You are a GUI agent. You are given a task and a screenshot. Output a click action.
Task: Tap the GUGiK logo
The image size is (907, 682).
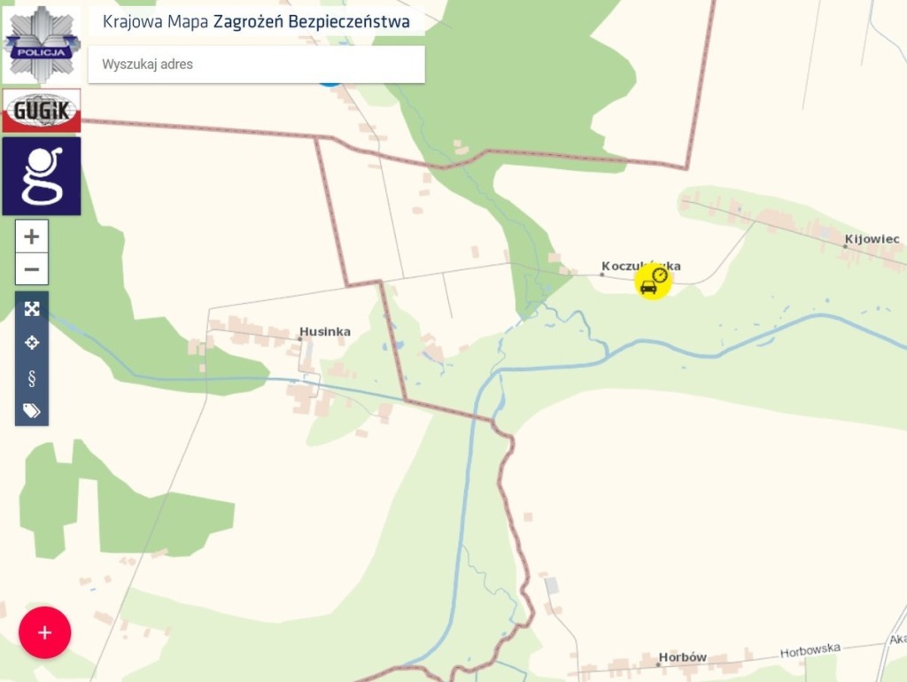tap(42, 110)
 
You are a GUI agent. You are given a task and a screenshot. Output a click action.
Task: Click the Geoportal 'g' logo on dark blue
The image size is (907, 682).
tap(42, 175)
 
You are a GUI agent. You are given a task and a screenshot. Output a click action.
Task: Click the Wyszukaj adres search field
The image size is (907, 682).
tap(256, 65)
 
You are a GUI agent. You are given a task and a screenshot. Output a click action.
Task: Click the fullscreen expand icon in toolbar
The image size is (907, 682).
tap(32, 309)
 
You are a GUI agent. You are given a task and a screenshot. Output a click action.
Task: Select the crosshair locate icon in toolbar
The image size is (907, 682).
tap(32, 343)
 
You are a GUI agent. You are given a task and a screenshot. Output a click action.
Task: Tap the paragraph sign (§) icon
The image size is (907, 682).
tap(32, 378)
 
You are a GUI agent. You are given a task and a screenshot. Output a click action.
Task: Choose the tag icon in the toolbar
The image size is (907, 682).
tap(32, 410)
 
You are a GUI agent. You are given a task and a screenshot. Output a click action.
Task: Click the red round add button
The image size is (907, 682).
tap(44, 632)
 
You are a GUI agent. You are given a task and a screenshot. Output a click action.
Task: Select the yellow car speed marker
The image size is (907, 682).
tap(653, 282)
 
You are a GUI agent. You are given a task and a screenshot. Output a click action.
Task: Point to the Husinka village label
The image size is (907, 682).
tap(325, 332)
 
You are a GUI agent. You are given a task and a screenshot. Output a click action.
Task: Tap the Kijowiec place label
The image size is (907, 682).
tap(872, 239)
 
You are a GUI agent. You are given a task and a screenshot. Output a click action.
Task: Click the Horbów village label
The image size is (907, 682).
tap(683, 658)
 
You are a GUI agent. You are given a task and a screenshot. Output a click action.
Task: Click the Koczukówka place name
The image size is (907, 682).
tap(640, 266)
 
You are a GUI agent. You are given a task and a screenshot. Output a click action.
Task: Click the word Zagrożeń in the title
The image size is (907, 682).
tap(249, 22)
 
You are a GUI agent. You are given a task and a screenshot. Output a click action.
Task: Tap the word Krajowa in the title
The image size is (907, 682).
tap(132, 22)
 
